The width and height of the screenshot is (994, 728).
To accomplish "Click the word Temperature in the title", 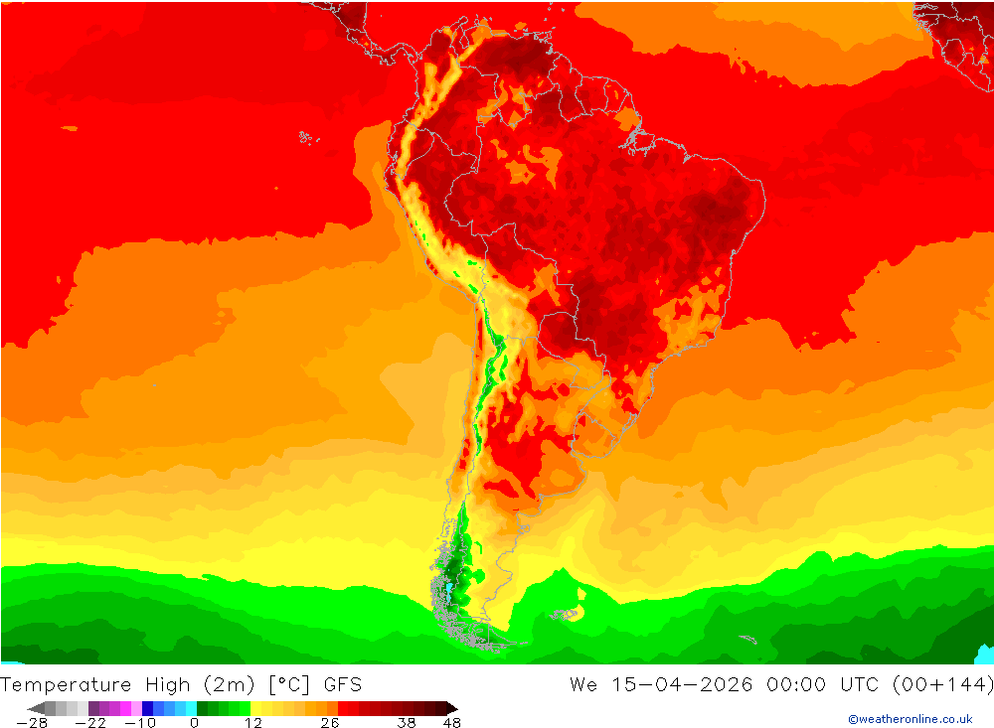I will pos(66,684).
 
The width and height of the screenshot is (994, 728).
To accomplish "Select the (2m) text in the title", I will pos(229,684).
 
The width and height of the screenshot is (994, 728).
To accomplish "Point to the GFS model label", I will pos(342,684).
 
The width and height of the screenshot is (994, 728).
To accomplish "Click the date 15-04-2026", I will pos(676,684).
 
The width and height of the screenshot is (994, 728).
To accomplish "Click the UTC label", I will pos(857,684).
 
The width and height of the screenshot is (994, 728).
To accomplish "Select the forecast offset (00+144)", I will pos(944,684).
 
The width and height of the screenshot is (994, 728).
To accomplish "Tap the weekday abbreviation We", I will pos(582,684).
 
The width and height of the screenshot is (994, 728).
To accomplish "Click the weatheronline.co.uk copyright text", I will pos(910,719).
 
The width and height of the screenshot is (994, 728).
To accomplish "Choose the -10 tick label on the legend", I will pos(140,723).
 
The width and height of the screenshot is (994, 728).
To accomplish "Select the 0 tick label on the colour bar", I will pos(194,723).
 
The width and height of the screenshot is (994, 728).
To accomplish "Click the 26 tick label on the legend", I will pos(329,723).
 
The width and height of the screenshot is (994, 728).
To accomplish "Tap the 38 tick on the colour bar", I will pos(406,723).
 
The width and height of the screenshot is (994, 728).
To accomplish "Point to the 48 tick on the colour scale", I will pos(451,723).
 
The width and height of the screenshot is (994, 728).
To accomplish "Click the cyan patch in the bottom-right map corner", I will pos(984,655).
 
